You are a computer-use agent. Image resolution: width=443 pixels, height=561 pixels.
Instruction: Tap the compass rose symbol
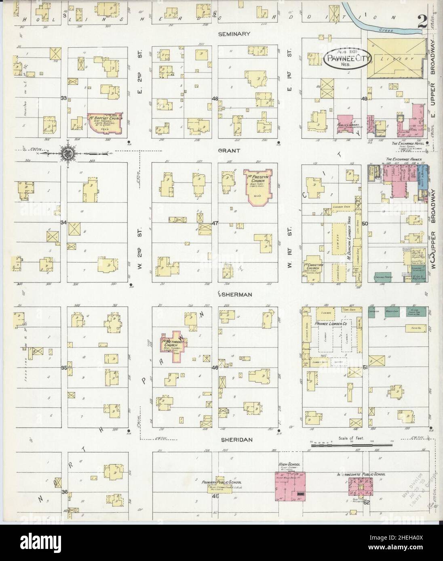coord(67,153)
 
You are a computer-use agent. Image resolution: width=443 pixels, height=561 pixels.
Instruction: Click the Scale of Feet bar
coord(352,445)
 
